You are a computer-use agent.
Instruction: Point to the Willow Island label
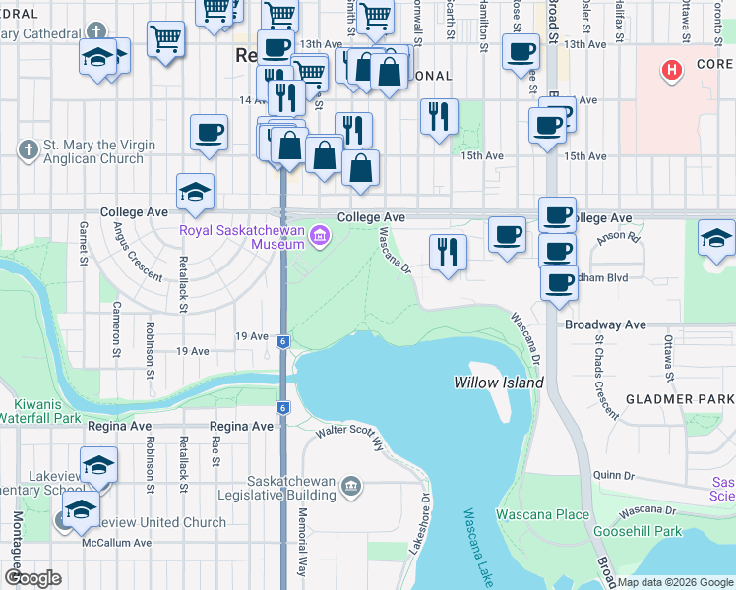[498, 382]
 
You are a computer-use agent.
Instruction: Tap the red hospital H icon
[672, 70]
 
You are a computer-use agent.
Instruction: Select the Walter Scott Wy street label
[348, 433]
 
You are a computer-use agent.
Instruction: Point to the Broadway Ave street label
[604, 324]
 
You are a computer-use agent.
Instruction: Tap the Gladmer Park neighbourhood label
[679, 400]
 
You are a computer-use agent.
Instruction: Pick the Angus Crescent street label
[137, 253]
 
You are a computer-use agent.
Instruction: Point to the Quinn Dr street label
[612, 475]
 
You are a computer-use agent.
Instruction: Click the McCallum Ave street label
[116, 543]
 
